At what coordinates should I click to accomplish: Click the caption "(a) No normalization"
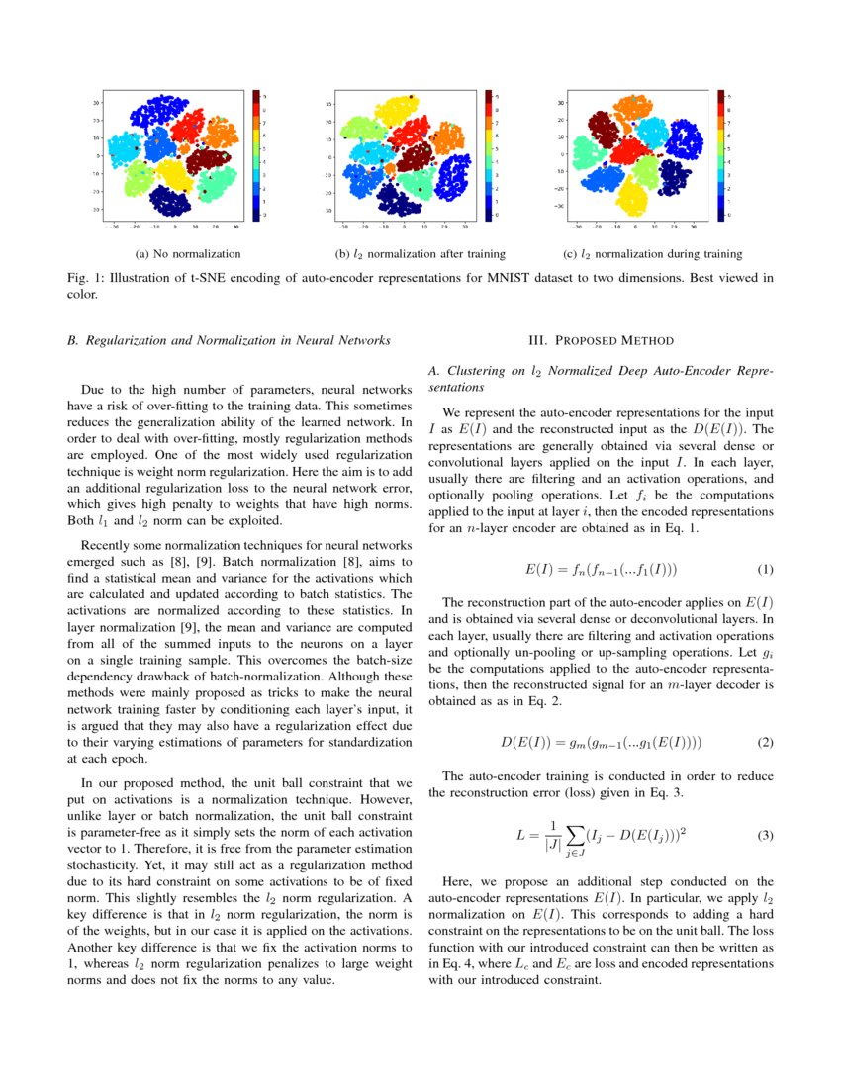click(187, 255)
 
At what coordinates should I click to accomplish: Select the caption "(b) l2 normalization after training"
click(420, 255)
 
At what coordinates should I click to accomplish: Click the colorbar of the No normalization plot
click(256, 154)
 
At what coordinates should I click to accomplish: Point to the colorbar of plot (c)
click(721, 154)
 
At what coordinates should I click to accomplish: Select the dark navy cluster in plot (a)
click(170, 202)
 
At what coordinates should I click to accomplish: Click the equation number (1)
click(765, 570)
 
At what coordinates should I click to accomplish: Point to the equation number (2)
click(765, 742)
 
